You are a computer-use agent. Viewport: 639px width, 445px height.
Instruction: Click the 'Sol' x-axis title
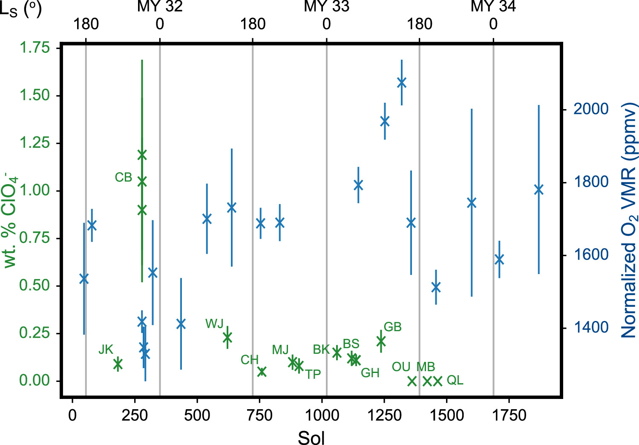[x=311, y=437]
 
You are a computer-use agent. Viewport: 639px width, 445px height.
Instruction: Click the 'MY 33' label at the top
[x=326, y=6]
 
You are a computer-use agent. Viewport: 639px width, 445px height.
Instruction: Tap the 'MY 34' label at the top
[x=493, y=6]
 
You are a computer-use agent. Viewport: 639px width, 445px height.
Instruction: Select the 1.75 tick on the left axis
[x=35, y=47]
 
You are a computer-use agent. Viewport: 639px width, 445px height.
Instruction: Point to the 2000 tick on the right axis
[x=591, y=109]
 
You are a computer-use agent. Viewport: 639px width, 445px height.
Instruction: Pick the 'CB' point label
[x=124, y=177]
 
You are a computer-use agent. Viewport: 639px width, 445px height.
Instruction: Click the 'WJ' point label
[x=214, y=324]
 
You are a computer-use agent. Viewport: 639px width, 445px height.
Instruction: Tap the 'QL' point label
[x=455, y=380]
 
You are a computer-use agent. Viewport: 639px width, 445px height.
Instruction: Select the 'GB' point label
[x=392, y=327]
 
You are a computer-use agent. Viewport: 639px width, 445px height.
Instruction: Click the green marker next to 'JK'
[x=118, y=364]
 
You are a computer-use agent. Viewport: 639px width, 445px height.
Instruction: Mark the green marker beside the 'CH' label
[x=262, y=372]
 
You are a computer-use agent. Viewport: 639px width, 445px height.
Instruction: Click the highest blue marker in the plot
[x=401, y=83]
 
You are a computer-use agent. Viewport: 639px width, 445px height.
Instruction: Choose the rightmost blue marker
[x=539, y=190]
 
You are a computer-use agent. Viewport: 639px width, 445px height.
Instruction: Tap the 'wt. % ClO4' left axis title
[x=11, y=220]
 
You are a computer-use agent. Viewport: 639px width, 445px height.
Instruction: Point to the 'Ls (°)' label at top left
[x=20, y=9]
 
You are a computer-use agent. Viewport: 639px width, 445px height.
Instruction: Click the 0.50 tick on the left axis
[x=35, y=285]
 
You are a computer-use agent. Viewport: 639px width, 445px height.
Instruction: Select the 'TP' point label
[x=313, y=375]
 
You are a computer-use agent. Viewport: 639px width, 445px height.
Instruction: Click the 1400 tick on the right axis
[x=591, y=327]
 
